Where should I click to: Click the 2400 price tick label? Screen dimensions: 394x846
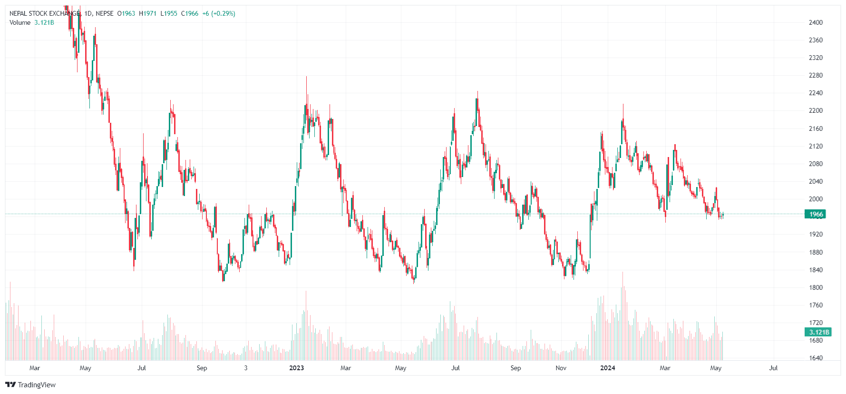click(816, 22)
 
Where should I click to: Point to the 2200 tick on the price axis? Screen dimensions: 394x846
click(816, 110)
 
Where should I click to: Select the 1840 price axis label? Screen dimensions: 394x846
click(816, 270)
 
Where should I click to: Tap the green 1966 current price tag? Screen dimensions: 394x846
click(816, 214)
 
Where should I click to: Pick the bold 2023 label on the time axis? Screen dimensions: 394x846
click(296, 368)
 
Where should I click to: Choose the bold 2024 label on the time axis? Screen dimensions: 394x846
click(607, 368)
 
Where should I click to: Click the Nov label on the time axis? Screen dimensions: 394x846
click(561, 368)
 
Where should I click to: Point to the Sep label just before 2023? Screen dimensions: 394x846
click(202, 368)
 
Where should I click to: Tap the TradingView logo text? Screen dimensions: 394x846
click(36, 385)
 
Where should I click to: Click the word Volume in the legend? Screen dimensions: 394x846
click(20, 22)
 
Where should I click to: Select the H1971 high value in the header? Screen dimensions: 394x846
click(147, 13)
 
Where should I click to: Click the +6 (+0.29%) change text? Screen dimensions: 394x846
click(219, 13)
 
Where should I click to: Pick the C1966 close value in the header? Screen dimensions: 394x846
click(190, 13)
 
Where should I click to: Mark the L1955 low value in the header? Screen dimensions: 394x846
click(169, 13)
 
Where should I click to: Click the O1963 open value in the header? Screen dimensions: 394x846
click(126, 13)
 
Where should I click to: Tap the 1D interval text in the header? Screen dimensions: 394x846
click(88, 13)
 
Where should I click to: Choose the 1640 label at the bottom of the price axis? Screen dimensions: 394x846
click(816, 358)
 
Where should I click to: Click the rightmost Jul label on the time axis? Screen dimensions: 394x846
click(773, 368)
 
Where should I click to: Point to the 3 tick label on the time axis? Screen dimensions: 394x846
click(245, 368)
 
